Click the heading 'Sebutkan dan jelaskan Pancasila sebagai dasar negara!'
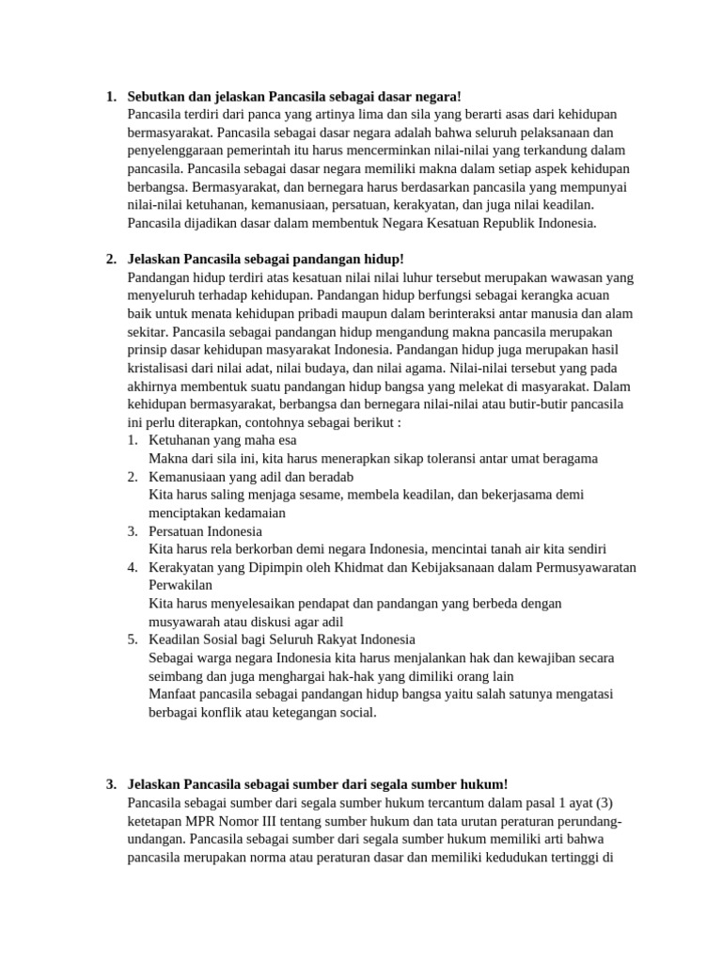[x=294, y=97]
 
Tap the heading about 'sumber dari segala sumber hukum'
[x=318, y=784]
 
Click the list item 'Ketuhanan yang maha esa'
[x=222, y=440]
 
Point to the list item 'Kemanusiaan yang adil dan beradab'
[x=251, y=477]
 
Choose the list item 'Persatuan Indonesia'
[x=205, y=531]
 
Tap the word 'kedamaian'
[x=279, y=513]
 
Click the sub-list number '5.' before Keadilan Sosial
[x=133, y=639]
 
